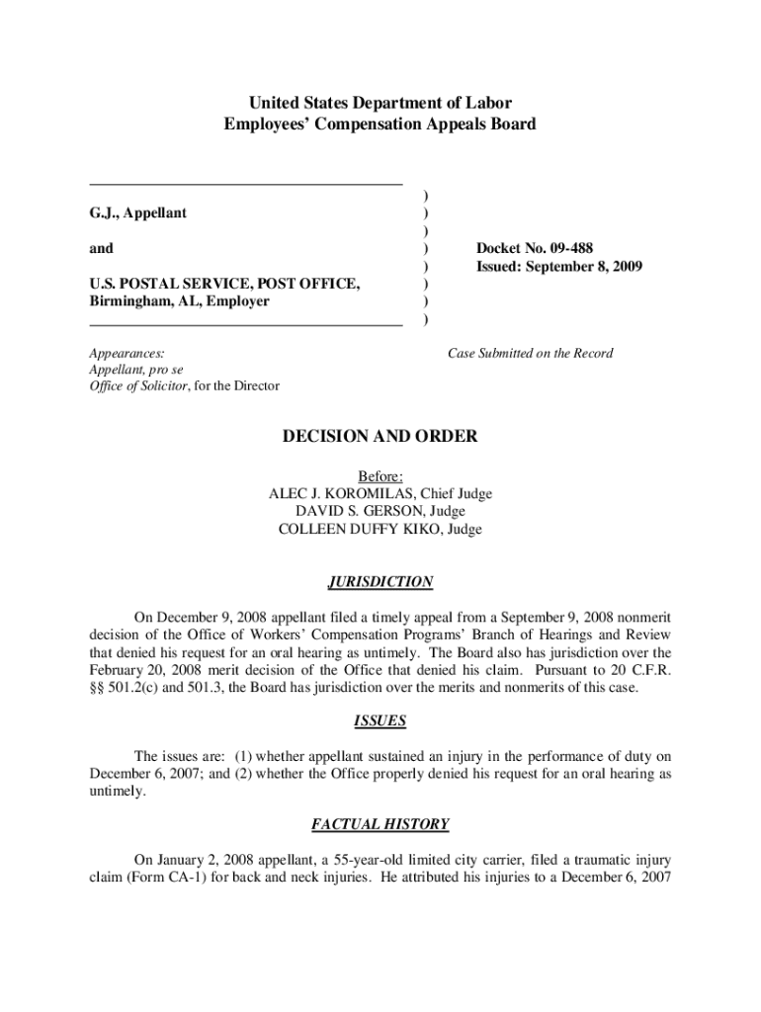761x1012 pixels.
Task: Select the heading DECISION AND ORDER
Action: [380, 436]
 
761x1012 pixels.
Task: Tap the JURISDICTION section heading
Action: [380, 582]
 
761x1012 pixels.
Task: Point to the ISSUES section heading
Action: [380, 720]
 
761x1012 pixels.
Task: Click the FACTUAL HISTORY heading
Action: [380, 823]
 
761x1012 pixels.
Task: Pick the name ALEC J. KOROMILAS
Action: [341, 493]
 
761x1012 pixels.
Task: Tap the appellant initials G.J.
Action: [102, 212]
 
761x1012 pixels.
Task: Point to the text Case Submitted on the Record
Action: [530, 353]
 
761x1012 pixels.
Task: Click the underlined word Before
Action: [380, 475]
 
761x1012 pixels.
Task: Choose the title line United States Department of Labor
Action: [380, 102]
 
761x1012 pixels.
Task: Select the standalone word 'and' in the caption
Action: [101, 248]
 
